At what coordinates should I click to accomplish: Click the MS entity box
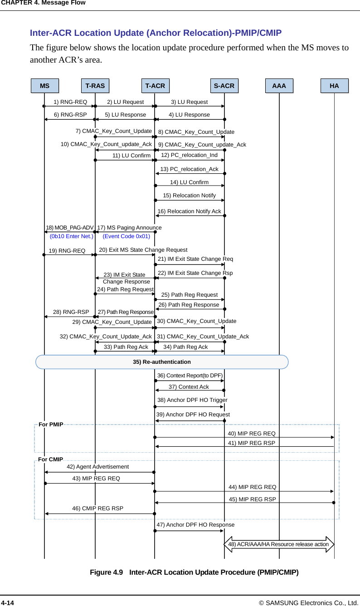[x=44, y=85]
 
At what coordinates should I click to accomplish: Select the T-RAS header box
[x=95, y=85]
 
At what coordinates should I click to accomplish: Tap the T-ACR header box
[x=155, y=85]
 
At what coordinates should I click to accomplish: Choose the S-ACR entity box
[x=224, y=85]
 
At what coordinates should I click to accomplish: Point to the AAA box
[x=279, y=85]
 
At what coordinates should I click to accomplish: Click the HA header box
[x=334, y=85]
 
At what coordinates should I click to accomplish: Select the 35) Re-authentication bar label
[x=162, y=362]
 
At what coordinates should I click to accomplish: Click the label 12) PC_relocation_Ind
[x=189, y=155]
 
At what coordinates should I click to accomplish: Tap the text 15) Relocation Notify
[x=189, y=195]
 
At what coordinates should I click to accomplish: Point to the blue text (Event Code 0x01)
[x=126, y=236]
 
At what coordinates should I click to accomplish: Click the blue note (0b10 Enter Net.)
[x=71, y=236]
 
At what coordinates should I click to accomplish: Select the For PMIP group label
[x=51, y=425]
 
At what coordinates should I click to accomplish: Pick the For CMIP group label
[x=51, y=459]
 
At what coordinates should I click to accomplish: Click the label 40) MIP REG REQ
[x=251, y=434]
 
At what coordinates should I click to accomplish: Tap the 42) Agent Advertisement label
[x=97, y=466]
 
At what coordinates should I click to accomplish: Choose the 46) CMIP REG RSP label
[x=97, y=508]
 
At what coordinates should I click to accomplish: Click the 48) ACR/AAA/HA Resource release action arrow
[x=279, y=544]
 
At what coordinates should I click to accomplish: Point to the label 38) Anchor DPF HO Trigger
[x=192, y=400]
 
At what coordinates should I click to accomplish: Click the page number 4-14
[x=7, y=602]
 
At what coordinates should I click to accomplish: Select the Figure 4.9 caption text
[x=194, y=572]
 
